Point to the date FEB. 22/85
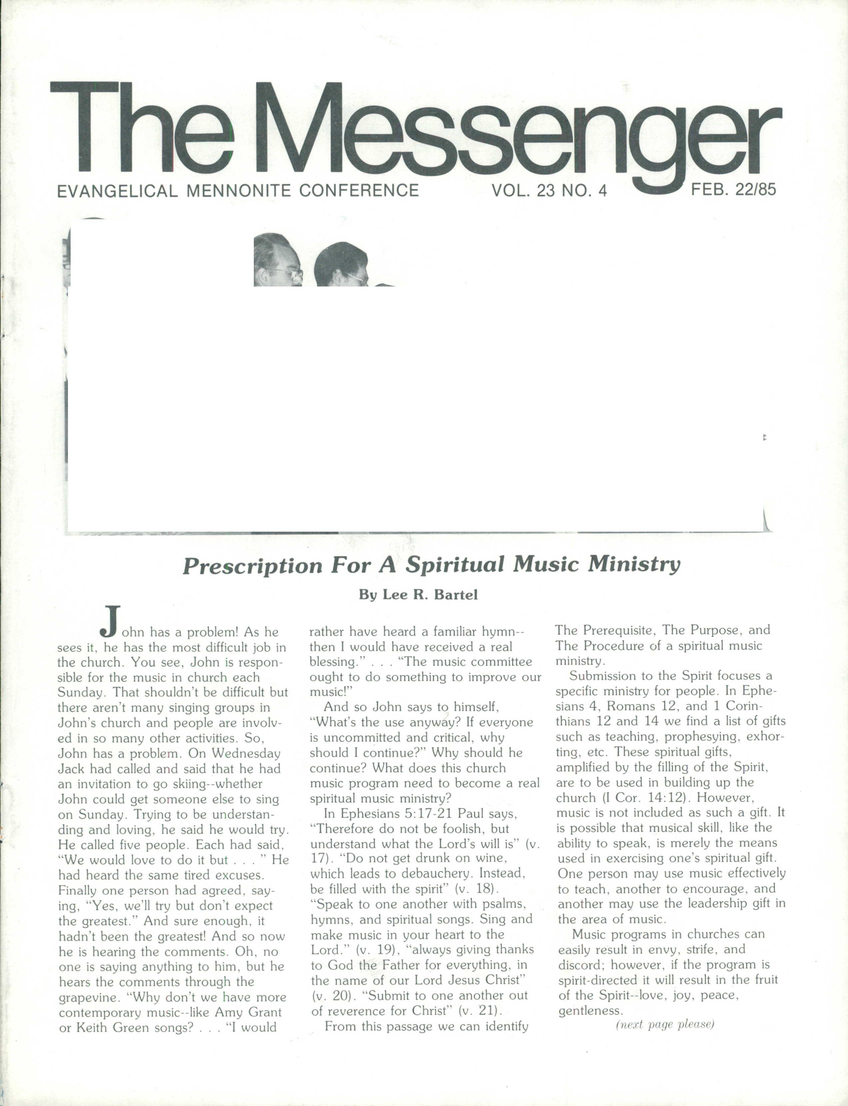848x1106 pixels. click(733, 190)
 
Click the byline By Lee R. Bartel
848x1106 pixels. click(418, 595)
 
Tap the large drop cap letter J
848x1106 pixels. click(110, 621)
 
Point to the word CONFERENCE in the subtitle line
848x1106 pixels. click(359, 191)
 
